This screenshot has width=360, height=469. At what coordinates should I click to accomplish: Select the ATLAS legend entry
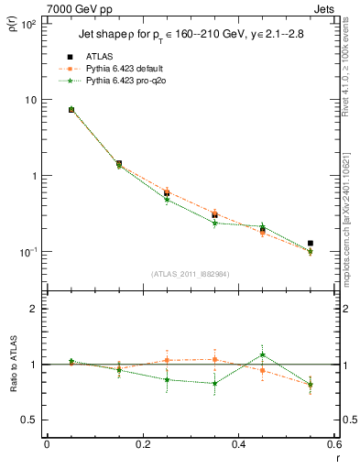coord(120,58)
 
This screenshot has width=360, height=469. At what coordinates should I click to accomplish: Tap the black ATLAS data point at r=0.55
coord(311,244)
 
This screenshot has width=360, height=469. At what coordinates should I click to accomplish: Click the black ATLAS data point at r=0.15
coord(119,164)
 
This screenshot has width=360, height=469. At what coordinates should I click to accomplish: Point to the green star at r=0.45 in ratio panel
coord(263,354)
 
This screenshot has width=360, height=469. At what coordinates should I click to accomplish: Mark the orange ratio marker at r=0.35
coord(214,359)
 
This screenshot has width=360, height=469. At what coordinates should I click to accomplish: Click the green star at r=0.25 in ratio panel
coord(167,379)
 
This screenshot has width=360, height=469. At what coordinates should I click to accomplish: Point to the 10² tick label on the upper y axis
coord(28,24)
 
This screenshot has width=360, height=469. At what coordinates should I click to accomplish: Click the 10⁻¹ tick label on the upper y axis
coord(28,252)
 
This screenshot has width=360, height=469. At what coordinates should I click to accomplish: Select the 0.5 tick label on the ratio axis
coord(29,420)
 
